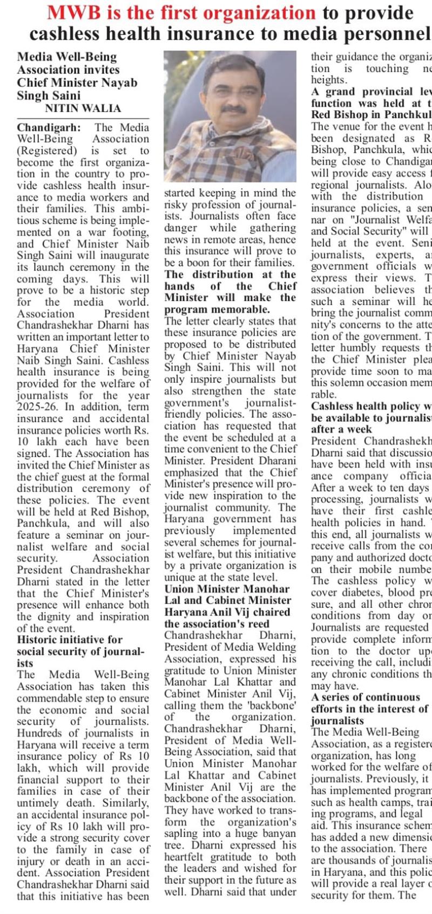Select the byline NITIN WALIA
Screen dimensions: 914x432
pos(83,108)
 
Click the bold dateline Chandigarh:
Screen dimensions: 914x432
pos(49,128)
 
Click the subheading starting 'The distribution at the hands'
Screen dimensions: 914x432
pos(230,292)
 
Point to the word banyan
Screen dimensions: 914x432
pos(279,834)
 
